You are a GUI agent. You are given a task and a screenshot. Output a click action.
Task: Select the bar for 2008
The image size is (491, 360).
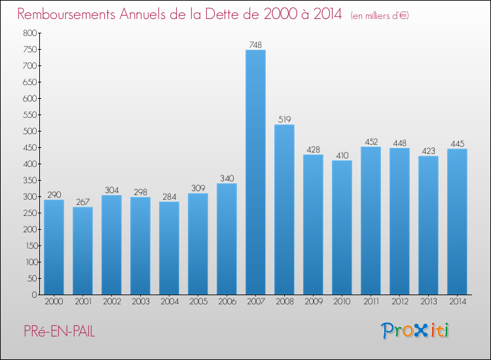[284, 209]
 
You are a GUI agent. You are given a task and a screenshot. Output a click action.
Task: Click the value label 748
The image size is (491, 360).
[255, 45]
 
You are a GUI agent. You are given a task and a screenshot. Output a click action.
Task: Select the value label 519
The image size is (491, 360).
[284, 119]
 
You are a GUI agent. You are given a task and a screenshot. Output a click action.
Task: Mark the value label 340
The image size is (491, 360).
[227, 178]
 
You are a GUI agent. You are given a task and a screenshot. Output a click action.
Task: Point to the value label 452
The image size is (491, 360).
[371, 141]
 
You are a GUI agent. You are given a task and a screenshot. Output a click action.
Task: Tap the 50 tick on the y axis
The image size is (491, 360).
[31, 278]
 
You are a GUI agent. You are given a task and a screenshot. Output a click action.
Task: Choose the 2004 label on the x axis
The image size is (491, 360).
[169, 302]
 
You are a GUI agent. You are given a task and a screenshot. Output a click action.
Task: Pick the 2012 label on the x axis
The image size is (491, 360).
[399, 302]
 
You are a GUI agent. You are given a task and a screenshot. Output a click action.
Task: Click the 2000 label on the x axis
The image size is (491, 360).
[54, 302]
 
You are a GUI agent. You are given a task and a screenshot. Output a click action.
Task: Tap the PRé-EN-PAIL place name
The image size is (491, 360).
[56, 332]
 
